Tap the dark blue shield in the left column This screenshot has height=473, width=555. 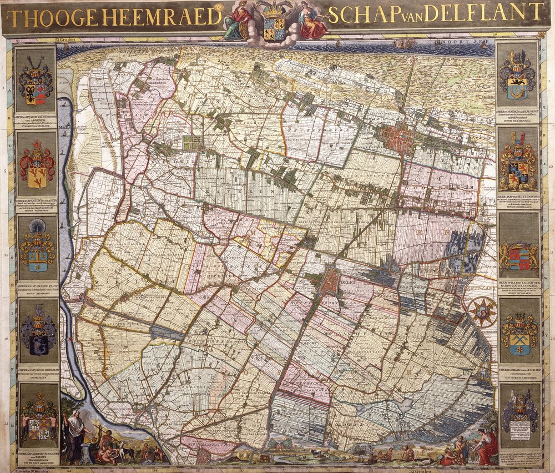pos(38,333)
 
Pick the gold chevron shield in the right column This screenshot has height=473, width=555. pos(519,333)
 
